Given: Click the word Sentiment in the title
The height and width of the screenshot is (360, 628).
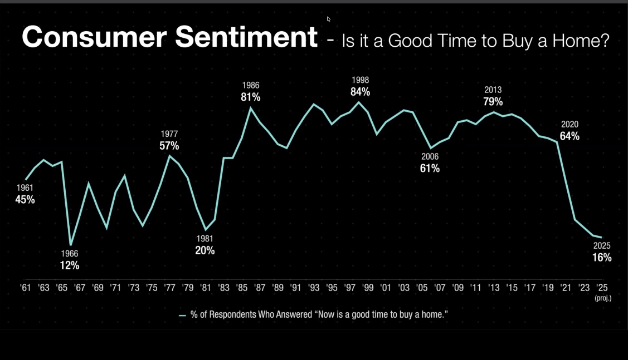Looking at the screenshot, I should point(246,37).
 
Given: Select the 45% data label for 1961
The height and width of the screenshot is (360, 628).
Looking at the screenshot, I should point(25,199).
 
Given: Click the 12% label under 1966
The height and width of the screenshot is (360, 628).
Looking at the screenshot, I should point(70,265).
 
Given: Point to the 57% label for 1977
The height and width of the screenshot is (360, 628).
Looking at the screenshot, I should point(169,146).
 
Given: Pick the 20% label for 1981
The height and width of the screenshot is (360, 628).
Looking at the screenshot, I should point(205,250).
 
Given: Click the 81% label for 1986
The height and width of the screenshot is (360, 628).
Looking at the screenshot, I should point(251,97).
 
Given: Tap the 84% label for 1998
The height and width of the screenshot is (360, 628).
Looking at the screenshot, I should point(360,92).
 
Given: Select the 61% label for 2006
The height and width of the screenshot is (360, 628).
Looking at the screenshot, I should point(430,168).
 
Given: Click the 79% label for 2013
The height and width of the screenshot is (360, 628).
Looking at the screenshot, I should point(493,101).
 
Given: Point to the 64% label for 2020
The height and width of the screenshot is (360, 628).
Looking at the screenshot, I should point(569,136).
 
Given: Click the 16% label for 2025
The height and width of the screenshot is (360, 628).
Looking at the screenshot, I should point(602,258).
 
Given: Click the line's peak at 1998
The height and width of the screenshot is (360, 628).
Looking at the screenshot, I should point(359,102).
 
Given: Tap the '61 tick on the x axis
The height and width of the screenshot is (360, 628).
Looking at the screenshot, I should point(25,288).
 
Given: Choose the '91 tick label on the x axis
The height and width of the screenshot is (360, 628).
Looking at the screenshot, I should point(296,288).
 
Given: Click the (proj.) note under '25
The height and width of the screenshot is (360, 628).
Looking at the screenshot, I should point(602,298).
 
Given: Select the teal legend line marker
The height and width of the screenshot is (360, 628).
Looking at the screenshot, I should point(182,315).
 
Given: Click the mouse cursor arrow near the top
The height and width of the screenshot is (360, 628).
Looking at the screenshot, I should point(329,19).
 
